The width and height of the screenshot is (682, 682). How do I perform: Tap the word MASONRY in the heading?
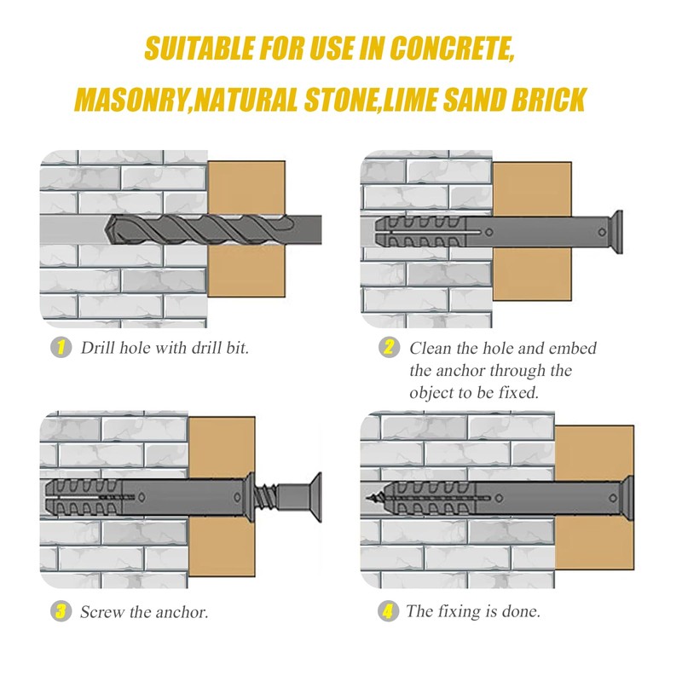129,100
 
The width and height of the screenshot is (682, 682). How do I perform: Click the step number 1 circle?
61,348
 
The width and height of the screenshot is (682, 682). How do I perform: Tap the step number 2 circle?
389,348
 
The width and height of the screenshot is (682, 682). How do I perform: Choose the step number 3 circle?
61,611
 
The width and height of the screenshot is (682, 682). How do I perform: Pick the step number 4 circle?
389,611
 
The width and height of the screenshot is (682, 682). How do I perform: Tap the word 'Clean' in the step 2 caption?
430,348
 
